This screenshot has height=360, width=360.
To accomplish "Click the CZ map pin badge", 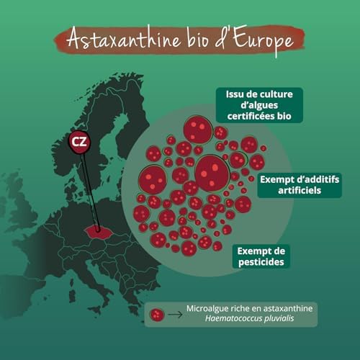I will point(78,142).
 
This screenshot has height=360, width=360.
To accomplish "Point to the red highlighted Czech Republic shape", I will point(100,232).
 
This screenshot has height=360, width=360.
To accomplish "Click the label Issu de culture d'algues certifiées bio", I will point(258,105).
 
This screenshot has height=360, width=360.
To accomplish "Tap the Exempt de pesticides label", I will point(261,256).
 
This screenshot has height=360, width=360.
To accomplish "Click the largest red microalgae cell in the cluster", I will point(212,173).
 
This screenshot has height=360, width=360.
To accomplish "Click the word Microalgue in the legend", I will point(209,309).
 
